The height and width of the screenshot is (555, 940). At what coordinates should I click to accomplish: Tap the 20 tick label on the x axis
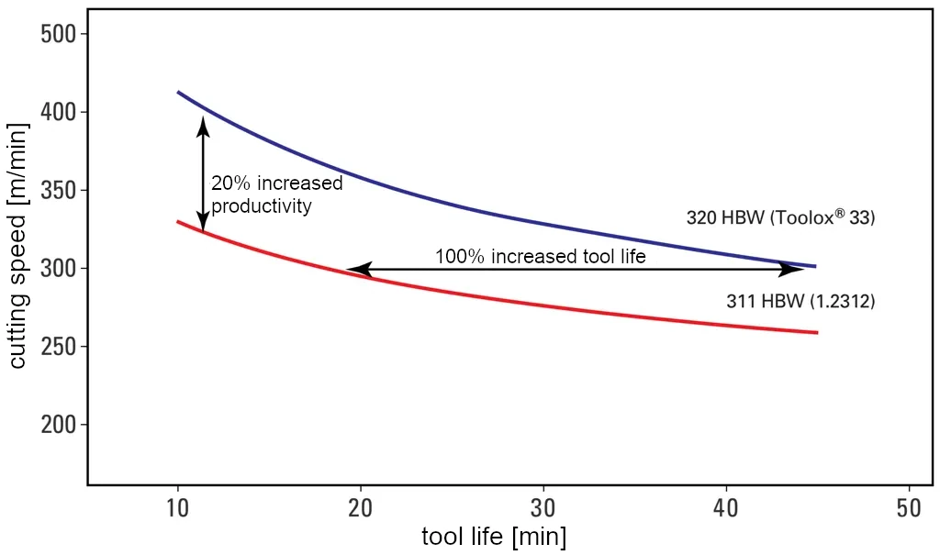(x=361, y=507)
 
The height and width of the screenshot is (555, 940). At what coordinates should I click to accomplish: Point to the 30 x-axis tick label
(x=543, y=507)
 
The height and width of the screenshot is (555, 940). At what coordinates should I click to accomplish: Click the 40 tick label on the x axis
(x=726, y=507)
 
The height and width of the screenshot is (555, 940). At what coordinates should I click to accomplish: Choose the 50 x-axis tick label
(x=909, y=507)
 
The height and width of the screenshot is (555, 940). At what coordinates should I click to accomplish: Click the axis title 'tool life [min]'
(x=494, y=537)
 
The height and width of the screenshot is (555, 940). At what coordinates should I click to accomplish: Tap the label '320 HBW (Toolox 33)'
(x=781, y=218)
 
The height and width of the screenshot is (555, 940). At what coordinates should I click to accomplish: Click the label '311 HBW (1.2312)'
(x=800, y=301)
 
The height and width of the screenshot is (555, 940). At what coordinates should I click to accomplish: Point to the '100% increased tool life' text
(x=540, y=257)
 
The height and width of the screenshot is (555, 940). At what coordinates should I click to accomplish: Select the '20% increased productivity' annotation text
(x=275, y=194)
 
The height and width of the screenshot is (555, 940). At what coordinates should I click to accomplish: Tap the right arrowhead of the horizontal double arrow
(x=791, y=269)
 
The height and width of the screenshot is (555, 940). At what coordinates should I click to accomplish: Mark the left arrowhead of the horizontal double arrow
(x=358, y=269)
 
